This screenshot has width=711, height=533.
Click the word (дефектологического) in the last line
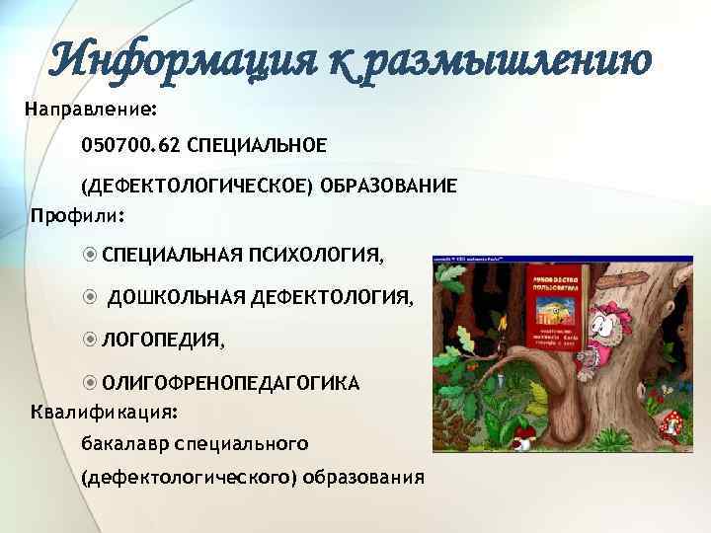click(x=190, y=479)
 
